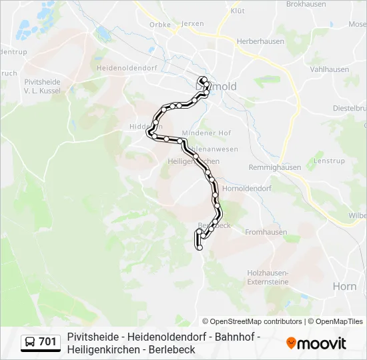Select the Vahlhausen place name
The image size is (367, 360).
click(330, 69)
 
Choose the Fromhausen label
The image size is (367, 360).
click(266, 232)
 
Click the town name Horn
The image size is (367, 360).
click(344, 286)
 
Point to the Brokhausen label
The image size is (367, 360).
click(306, 4)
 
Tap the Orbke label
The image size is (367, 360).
click(160, 25)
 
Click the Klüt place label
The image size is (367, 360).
click(238, 11)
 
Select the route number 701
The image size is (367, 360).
click(47, 342)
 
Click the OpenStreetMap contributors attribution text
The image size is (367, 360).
click(252, 321)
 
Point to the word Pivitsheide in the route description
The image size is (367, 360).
click(90, 337)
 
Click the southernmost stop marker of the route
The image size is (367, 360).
click(200, 248)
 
